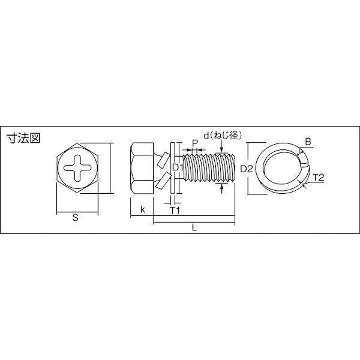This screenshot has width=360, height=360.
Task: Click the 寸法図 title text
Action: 23,138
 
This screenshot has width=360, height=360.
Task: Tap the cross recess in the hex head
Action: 77,167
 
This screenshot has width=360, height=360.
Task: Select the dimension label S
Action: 76,217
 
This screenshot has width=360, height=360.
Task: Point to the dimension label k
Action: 143,209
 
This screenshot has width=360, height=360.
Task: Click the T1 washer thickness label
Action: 175,210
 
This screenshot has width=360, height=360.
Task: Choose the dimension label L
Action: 194,228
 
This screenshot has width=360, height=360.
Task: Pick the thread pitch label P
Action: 194,143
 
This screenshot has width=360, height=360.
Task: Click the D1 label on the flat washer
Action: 178,167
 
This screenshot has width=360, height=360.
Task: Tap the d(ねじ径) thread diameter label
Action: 223,136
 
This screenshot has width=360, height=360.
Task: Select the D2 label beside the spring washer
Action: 247,169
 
